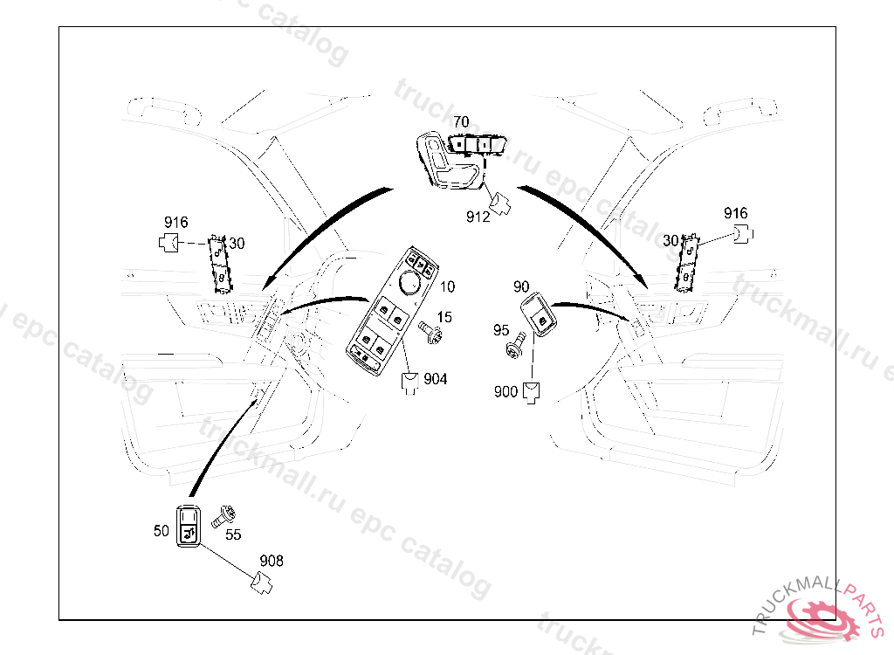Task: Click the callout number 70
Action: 461,121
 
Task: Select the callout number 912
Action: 478,217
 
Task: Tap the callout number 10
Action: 447,286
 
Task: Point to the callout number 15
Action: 444,317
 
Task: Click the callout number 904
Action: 436,379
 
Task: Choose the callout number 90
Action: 521,286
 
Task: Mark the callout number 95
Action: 501,330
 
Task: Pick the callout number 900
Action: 505,392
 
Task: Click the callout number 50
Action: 161,530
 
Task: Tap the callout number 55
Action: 233,534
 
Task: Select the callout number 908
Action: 272,561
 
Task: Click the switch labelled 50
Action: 189,526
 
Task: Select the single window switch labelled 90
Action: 540,317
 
